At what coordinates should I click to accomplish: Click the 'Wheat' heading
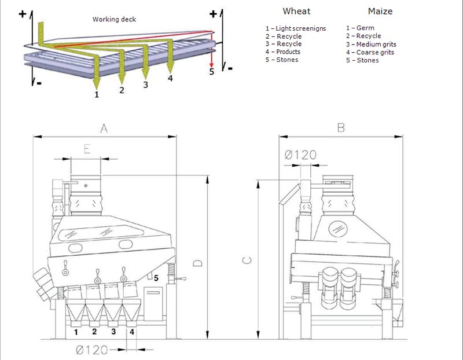[296, 11]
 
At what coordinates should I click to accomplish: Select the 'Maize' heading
[381, 11]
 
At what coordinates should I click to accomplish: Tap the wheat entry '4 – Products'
[282, 52]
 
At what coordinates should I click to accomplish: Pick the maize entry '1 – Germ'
[360, 28]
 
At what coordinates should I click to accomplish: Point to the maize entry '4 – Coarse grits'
[370, 52]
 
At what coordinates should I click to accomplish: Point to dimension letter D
[197, 263]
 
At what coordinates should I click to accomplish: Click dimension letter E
[86, 149]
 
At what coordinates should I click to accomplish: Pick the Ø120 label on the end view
[301, 155]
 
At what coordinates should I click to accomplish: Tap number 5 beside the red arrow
[211, 71]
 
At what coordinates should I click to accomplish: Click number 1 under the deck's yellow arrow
[97, 93]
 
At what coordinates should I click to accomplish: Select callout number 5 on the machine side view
[156, 280]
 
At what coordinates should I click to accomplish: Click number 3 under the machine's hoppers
[113, 332]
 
